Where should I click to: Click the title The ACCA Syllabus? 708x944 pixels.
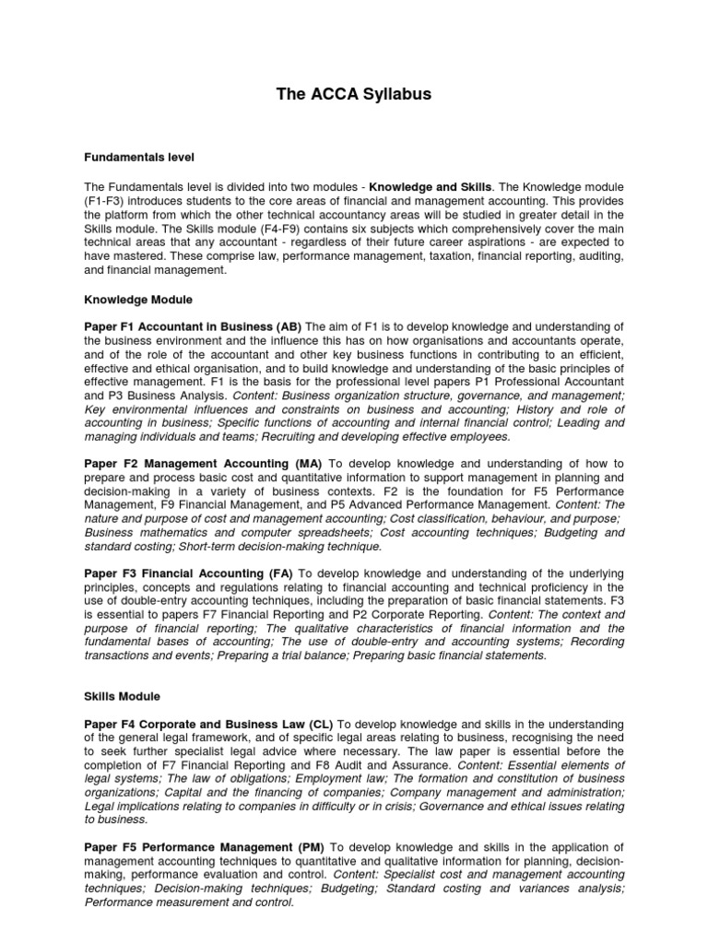pyautogui.click(x=354, y=95)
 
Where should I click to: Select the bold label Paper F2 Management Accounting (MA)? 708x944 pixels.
pyautogui.click(x=202, y=463)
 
